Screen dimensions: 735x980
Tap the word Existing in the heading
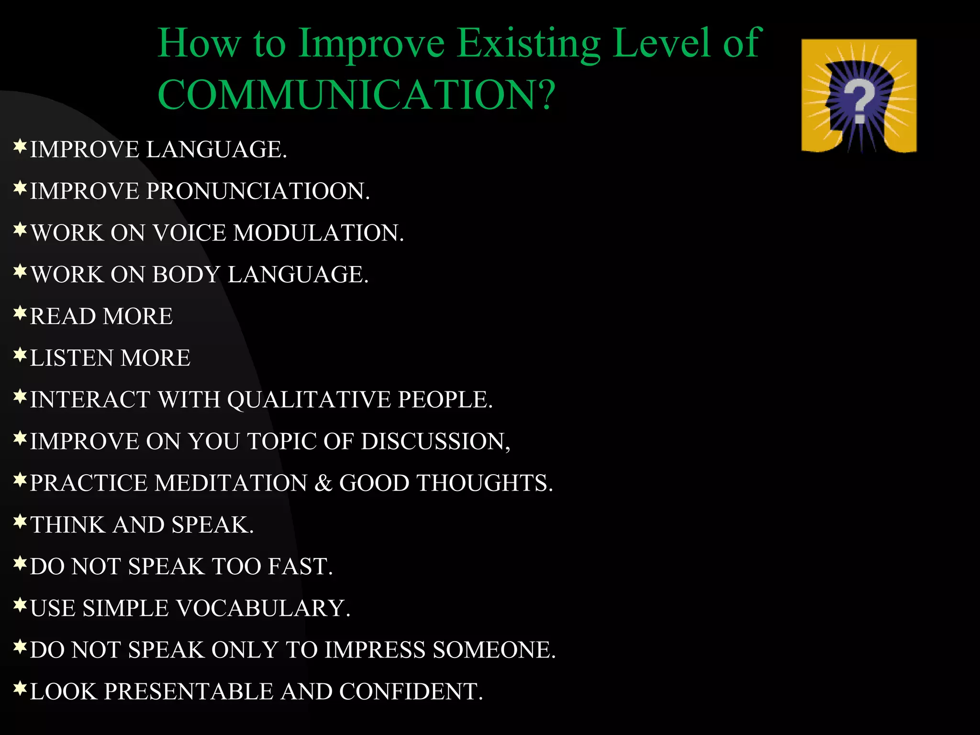pyautogui.click(x=528, y=43)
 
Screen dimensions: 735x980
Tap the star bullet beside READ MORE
pyautogui.click(x=20, y=314)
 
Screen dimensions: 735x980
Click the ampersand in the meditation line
pyautogui.click(x=323, y=483)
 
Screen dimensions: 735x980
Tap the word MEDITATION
pyautogui.click(x=231, y=483)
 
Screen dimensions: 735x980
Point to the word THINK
pyautogui.click(x=68, y=524)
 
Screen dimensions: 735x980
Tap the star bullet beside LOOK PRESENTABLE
pyautogui.click(x=20, y=689)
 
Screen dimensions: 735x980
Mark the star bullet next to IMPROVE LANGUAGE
pyautogui.click(x=20, y=146)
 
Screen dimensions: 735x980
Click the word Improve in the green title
pyautogui.click(x=371, y=43)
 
